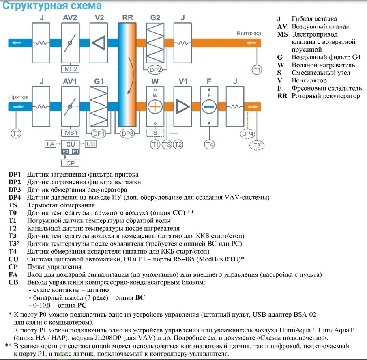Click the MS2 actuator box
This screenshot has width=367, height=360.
pyautogui.click(x=70, y=68)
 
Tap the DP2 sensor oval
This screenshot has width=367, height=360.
pyautogui.click(x=155, y=70)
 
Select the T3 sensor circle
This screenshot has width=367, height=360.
pyautogui.click(x=257, y=70)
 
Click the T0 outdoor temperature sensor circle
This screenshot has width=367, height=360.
pyautogui.click(x=15, y=133)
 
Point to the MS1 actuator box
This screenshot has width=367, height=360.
pyautogui.click(x=70, y=133)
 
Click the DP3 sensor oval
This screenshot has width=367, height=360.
pyautogui.click(x=127, y=133)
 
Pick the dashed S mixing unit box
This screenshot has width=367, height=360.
pyautogui.click(x=155, y=133)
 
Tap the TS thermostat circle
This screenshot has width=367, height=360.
pyautogui.click(x=167, y=144)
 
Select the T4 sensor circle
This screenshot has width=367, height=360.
pyautogui.click(x=209, y=144)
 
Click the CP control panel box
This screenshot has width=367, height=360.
pyautogui.click(x=70, y=163)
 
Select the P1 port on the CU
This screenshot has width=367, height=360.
pyautogui.click(x=76, y=151)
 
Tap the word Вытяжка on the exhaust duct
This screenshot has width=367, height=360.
pyautogui.click(x=249, y=33)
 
